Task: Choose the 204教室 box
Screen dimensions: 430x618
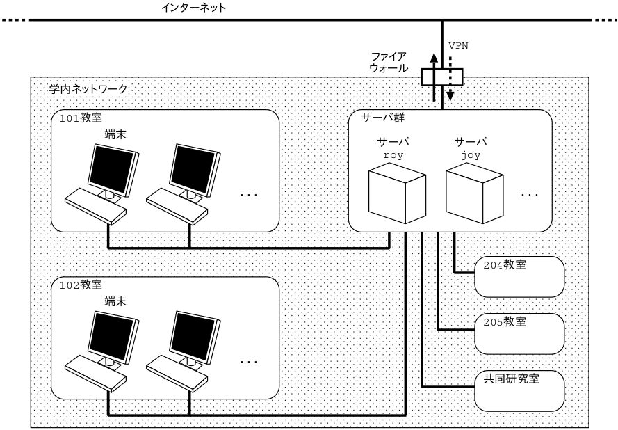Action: (519, 275)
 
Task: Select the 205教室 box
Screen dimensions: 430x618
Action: (519, 333)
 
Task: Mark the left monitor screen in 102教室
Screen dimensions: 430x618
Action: (111, 335)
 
